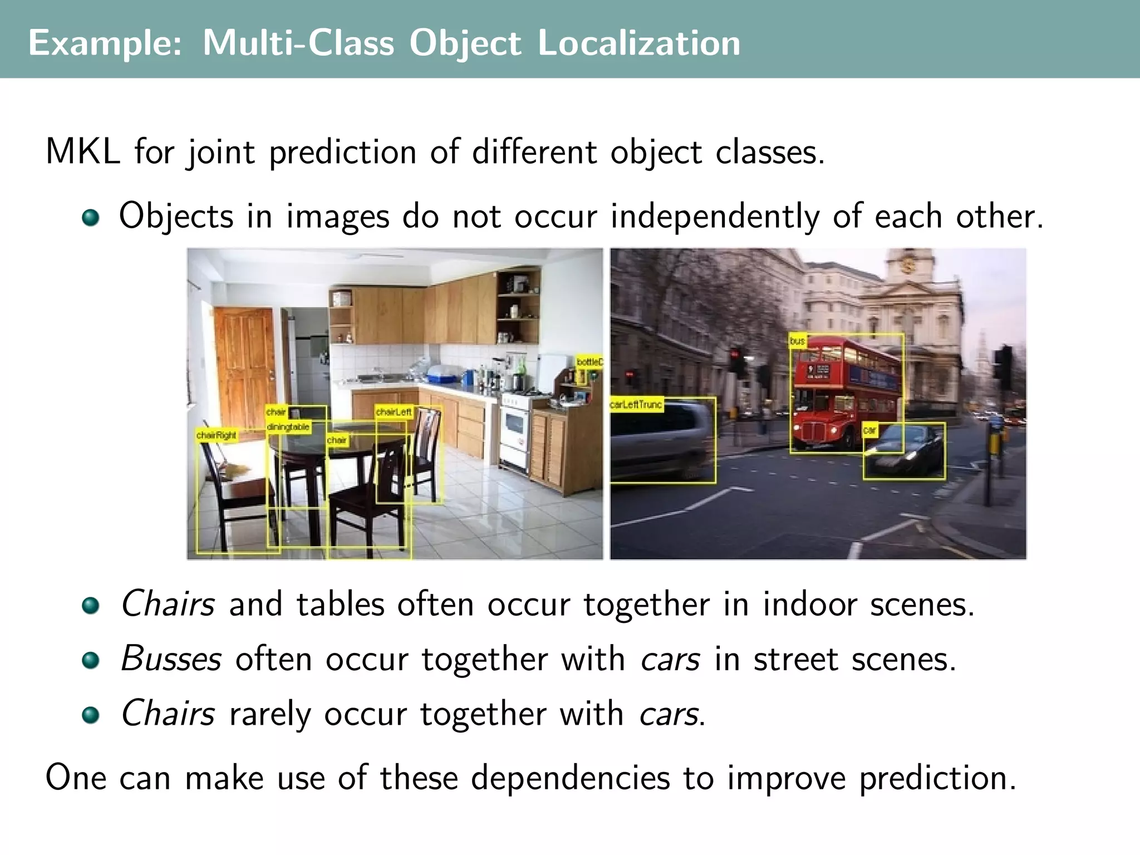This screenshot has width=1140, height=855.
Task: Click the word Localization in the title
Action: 638,43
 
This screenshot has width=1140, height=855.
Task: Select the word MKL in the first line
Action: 82,151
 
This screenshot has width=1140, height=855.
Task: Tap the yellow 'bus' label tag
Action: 797,341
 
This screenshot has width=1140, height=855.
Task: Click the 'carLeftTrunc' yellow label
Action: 636,404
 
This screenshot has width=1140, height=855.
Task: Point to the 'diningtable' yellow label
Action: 288,427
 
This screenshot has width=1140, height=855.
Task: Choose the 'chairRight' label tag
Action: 216,435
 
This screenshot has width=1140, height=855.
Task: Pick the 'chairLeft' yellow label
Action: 394,412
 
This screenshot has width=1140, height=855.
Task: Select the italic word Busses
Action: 171,659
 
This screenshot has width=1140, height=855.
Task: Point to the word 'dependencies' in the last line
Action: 570,778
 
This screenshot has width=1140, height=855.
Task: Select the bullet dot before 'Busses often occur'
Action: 90,661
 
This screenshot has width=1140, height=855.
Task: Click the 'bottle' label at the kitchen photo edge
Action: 588,362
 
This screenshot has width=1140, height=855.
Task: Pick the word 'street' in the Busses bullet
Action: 795,659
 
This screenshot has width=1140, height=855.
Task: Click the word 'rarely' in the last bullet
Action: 269,714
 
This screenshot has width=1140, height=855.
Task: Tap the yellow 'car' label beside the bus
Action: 869,430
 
